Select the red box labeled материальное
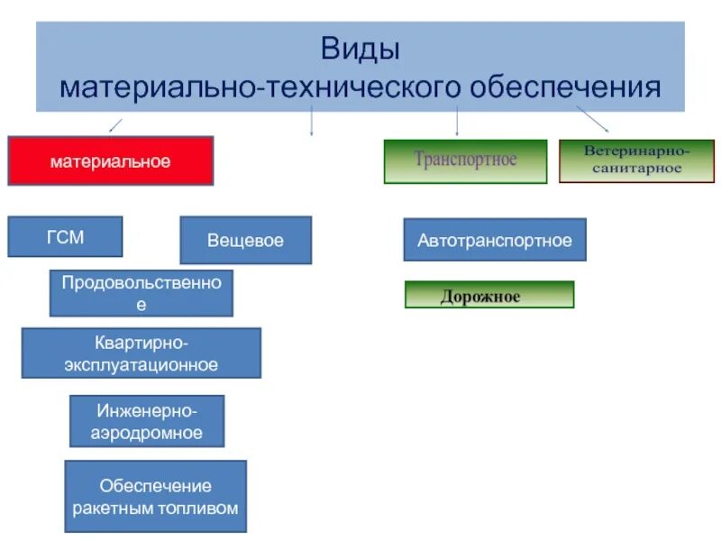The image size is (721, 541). [110, 161]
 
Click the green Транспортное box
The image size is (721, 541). [465, 161]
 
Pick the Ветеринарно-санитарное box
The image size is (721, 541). [636, 161]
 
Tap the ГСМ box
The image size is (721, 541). [65, 237]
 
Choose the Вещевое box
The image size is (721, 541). [245, 241]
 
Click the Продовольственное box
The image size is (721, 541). [141, 293]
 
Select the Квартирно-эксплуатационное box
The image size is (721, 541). [141, 353]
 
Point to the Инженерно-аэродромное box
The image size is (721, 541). [147, 421]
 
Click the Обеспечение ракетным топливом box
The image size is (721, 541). [156, 497]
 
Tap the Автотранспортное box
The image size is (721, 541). [495, 241]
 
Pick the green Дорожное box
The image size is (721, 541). [488, 296]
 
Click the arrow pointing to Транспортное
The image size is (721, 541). [457, 122]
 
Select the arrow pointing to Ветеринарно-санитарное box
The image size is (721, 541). [593, 118]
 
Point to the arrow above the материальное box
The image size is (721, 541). [114, 124]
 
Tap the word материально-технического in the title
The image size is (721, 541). [260, 87]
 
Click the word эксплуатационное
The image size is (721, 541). [141, 364]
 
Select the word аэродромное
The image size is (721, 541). [147, 433]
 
